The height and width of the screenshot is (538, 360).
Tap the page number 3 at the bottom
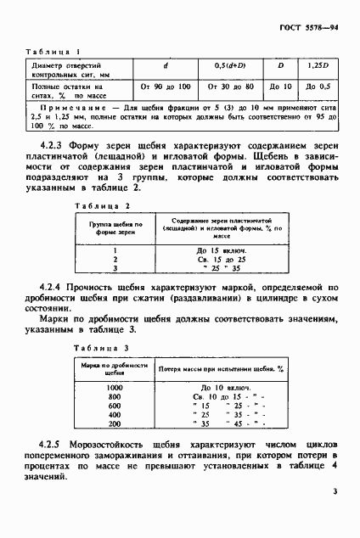coord(335,490)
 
